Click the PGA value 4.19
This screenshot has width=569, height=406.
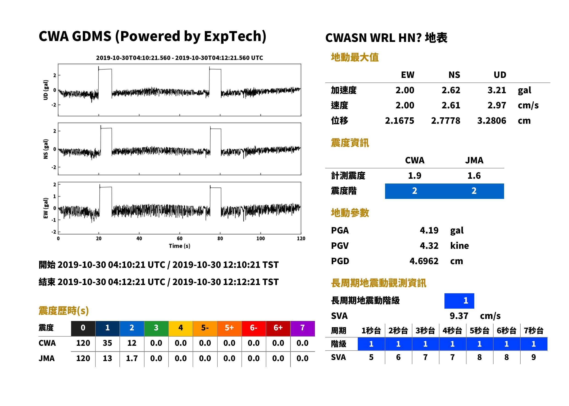click(429, 230)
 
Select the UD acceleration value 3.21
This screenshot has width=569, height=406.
click(497, 90)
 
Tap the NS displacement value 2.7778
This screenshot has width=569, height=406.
click(445, 121)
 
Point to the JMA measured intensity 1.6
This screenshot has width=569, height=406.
click(474, 176)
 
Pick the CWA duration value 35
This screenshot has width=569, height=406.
click(107, 343)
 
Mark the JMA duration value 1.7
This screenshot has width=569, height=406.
click(132, 358)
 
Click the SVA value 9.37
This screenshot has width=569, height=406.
click(459, 316)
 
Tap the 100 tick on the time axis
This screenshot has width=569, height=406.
click(261, 239)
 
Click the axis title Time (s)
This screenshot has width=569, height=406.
click(179, 246)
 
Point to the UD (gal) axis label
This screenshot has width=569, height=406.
click(46, 90)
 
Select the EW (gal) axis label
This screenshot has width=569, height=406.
click(46, 208)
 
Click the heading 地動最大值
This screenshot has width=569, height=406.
click(355, 57)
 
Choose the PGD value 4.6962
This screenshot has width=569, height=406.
click(424, 261)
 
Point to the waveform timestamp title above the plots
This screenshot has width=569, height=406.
click(179, 58)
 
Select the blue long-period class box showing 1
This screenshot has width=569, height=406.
click(459, 301)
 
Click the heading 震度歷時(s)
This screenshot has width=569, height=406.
click(64, 311)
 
